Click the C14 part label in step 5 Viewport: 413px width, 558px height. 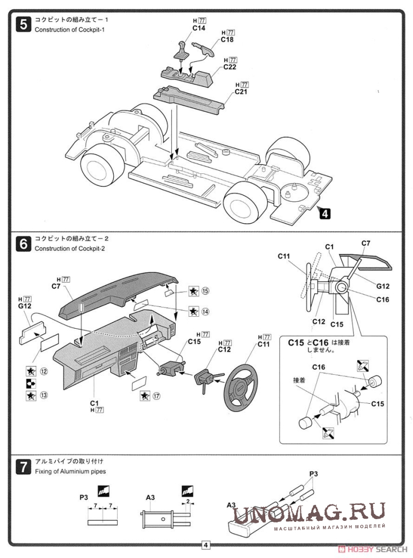pyautogui.click(x=199, y=28)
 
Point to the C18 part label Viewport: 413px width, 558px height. pyautogui.click(x=228, y=40)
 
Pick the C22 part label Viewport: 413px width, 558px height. pyautogui.click(x=230, y=67)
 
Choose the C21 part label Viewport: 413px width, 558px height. pyautogui.click(x=242, y=92)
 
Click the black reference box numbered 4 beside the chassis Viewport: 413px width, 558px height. pyautogui.click(x=324, y=214)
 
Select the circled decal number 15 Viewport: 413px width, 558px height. pyautogui.click(x=206, y=291)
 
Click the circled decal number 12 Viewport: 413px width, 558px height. pyautogui.click(x=43, y=371)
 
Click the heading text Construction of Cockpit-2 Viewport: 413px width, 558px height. pyautogui.click(x=69, y=249)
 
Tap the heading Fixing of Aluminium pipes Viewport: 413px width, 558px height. pyautogui.click(x=70, y=471)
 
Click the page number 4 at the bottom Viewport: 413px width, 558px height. pyautogui.click(x=206, y=545)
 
